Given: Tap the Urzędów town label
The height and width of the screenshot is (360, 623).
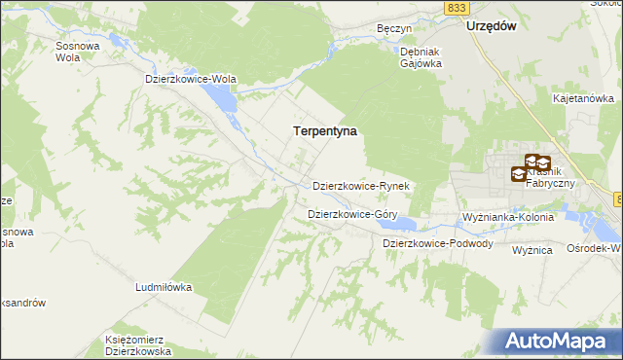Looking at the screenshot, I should [x=490, y=27].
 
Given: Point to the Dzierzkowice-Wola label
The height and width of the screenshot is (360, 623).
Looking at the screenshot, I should [x=191, y=79].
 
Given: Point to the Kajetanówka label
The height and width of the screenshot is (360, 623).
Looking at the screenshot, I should [x=583, y=98].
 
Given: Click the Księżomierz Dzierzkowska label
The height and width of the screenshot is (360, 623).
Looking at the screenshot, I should [x=138, y=345].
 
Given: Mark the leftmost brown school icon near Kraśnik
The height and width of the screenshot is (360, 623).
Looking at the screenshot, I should [x=520, y=174].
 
